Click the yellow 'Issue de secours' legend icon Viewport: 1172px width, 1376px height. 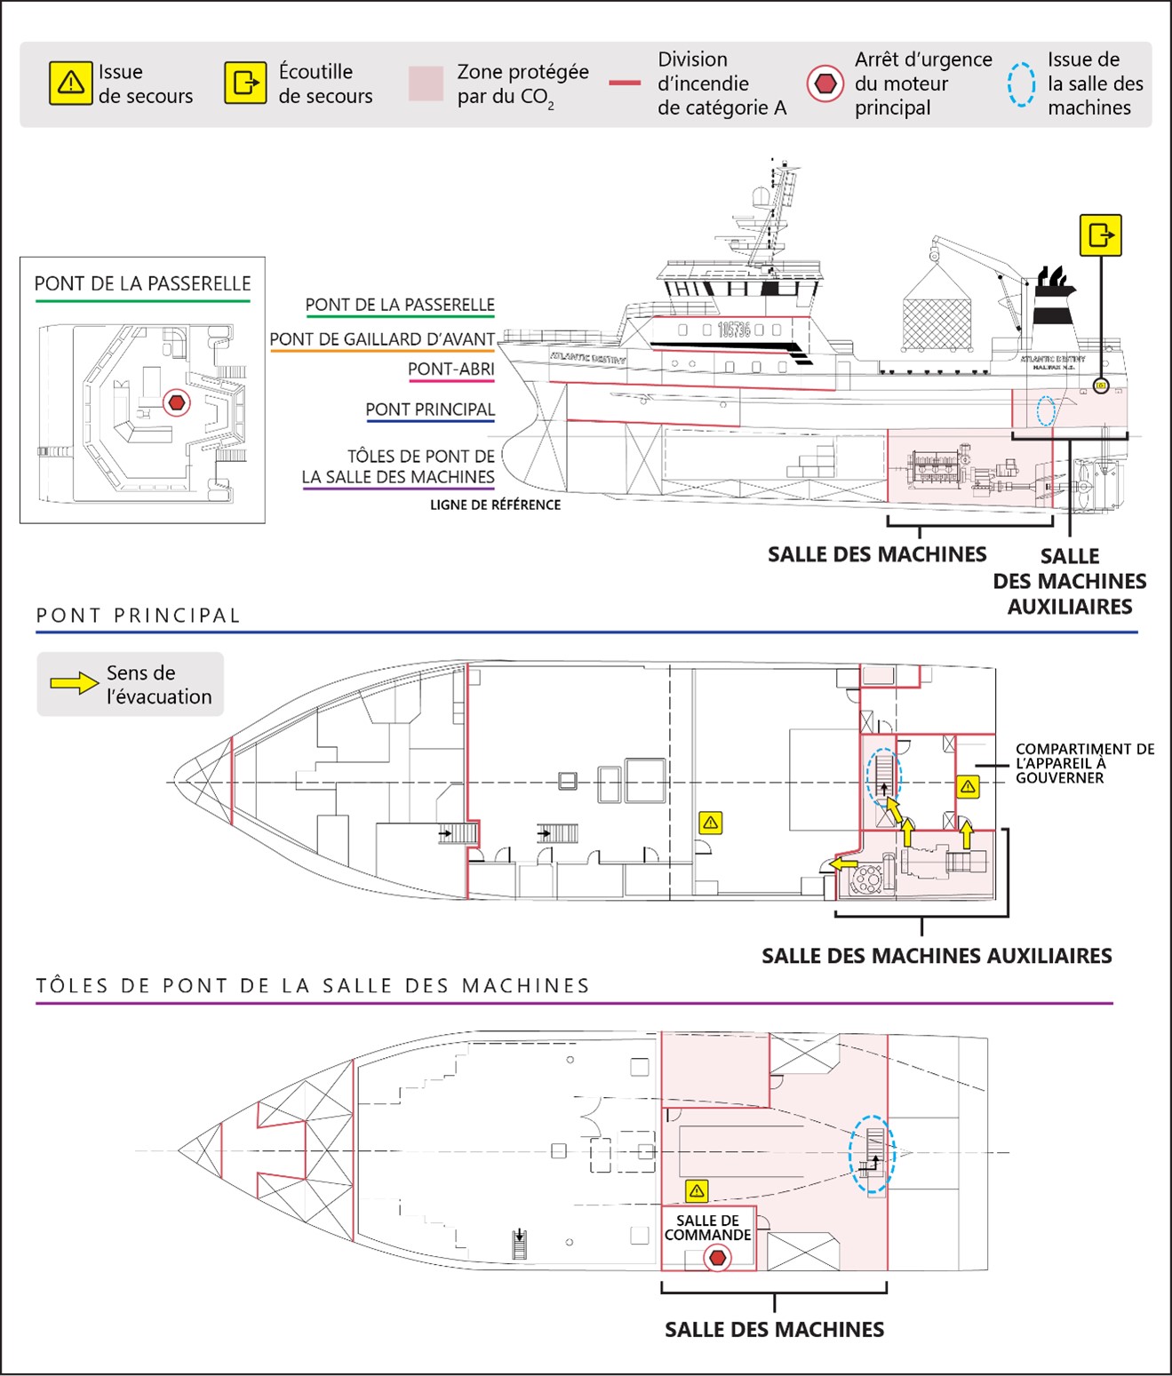[x=70, y=83]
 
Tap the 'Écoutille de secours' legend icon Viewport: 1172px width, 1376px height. [x=245, y=83]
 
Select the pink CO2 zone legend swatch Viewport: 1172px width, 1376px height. [x=426, y=84]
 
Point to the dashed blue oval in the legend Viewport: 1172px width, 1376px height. [x=1021, y=84]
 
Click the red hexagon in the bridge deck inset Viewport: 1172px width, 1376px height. [x=177, y=402]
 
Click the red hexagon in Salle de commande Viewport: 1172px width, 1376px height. [x=717, y=1258]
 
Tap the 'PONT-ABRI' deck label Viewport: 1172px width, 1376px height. [x=450, y=369]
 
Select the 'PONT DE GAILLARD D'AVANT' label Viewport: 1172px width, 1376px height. [x=382, y=339]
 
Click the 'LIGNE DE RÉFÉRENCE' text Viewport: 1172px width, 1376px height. [x=495, y=505]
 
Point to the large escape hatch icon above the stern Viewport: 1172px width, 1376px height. [x=1100, y=235]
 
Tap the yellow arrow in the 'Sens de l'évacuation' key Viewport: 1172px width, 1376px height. [x=74, y=683]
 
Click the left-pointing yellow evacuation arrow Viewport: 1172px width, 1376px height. [x=843, y=863]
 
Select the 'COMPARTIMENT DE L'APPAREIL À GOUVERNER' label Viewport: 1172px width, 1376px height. [x=1084, y=763]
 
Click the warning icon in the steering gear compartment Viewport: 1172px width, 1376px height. [x=968, y=786]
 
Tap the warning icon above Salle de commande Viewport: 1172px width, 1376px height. [x=697, y=1190]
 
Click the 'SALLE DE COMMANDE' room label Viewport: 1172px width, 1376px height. [x=707, y=1228]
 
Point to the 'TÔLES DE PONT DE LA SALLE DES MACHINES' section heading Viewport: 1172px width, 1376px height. [x=313, y=985]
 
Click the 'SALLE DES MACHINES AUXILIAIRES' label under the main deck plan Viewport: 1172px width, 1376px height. [x=937, y=956]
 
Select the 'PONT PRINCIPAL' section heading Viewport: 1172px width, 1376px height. [x=139, y=616]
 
